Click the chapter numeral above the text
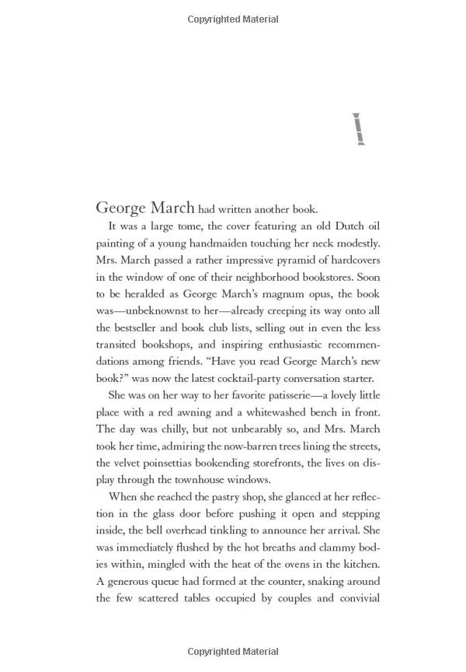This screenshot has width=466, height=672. (x=357, y=130)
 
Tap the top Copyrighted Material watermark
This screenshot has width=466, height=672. (x=233, y=19)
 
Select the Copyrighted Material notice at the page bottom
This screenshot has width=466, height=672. (x=233, y=651)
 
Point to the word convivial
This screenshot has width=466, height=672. (x=356, y=599)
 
